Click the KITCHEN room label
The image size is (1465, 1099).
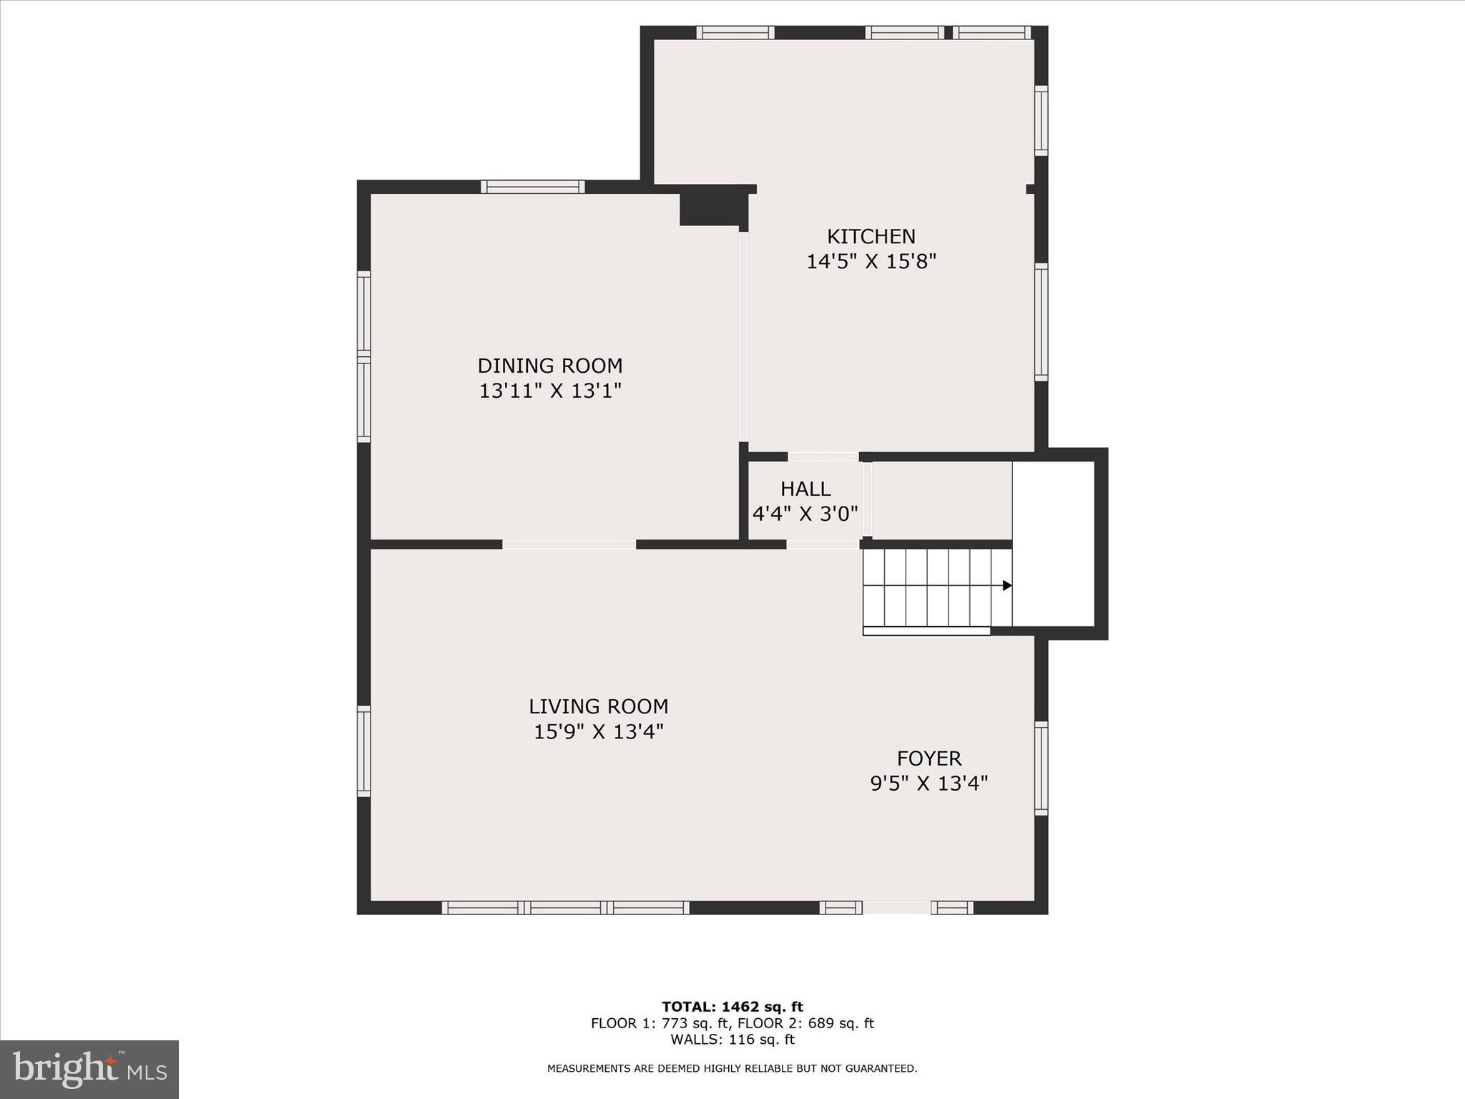pyautogui.click(x=871, y=236)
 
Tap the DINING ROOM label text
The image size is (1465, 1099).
pyautogui.click(x=550, y=366)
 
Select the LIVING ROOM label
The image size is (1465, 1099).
pyautogui.click(x=598, y=706)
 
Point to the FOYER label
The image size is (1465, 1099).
pyautogui.click(x=929, y=758)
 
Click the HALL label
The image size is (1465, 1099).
pyautogui.click(x=805, y=489)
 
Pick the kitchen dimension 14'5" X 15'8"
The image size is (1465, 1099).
pyautogui.click(x=871, y=261)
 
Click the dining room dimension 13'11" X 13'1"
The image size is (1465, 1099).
pyautogui.click(x=550, y=391)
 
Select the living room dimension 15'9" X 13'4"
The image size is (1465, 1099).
pyautogui.click(x=599, y=732)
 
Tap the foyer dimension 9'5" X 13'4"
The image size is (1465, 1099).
pyautogui.click(x=929, y=783)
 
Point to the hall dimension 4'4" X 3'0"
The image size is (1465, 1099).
pyautogui.click(x=805, y=514)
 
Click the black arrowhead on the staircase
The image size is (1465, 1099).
pyautogui.click(x=1007, y=585)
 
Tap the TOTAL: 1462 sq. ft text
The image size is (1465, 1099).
pyautogui.click(x=732, y=1007)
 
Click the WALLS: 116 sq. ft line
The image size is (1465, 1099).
pyautogui.click(x=732, y=1040)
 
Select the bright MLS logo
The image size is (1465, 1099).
pyautogui.click(x=89, y=1069)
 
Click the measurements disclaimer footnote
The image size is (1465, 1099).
pyautogui.click(x=732, y=1068)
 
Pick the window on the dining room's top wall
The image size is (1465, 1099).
pyautogui.click(x=532, y=187)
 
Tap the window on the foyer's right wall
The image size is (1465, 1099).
pyautogui.click(x=1042, y=768)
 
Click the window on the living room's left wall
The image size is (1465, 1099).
pyautogui.click(x=363, y=751)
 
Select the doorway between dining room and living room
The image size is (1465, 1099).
pyautogui.click(x=569, y=544)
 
